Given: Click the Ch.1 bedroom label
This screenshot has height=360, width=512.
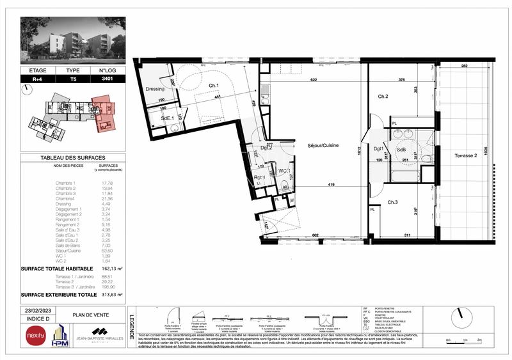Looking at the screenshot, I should pos(214,86).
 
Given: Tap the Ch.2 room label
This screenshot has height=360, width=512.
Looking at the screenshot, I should pos(383,97).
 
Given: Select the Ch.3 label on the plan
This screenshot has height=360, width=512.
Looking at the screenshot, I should pos(392,203).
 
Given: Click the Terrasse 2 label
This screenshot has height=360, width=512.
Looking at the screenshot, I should pos(468,156).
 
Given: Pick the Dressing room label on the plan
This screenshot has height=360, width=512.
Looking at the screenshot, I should pos(156,89).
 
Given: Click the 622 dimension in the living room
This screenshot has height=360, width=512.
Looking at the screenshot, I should pos(314,80).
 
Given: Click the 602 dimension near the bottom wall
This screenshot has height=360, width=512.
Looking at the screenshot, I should pos(315,235).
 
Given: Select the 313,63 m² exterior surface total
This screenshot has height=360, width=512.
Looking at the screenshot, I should pos(113,294).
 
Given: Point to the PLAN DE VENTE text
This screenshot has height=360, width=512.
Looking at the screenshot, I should pos(90,315).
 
